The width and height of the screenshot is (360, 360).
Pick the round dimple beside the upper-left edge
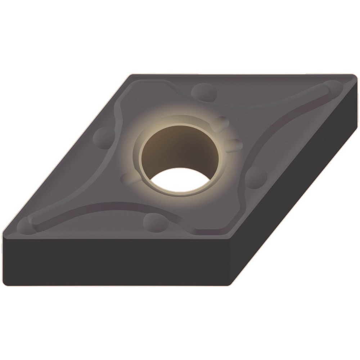point(103,137)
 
